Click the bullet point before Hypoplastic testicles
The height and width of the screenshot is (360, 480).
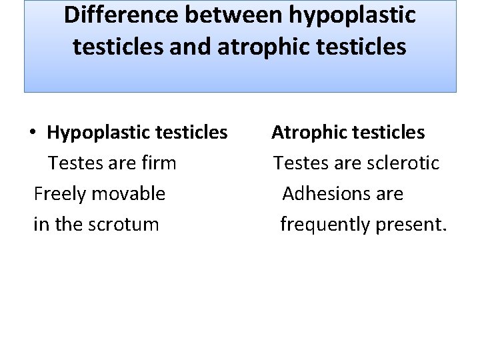coord(32,133)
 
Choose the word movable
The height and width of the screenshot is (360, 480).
coord(129,193)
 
